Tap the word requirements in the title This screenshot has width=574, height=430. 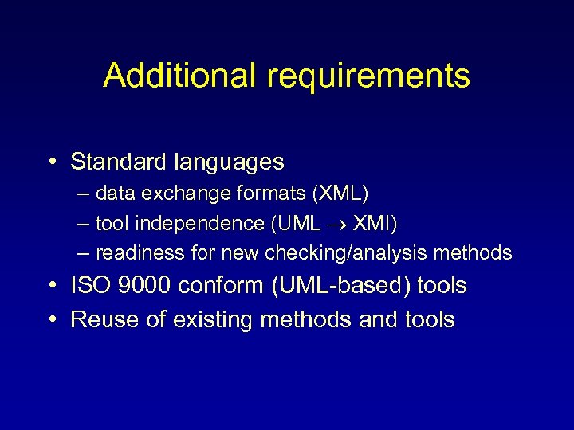click(368, 76)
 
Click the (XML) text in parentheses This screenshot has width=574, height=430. click(341, 193)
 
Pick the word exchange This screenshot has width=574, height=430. click(187, 193)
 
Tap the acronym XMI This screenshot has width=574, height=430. click(371, 224)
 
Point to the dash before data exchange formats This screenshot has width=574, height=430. click(85, 193)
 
